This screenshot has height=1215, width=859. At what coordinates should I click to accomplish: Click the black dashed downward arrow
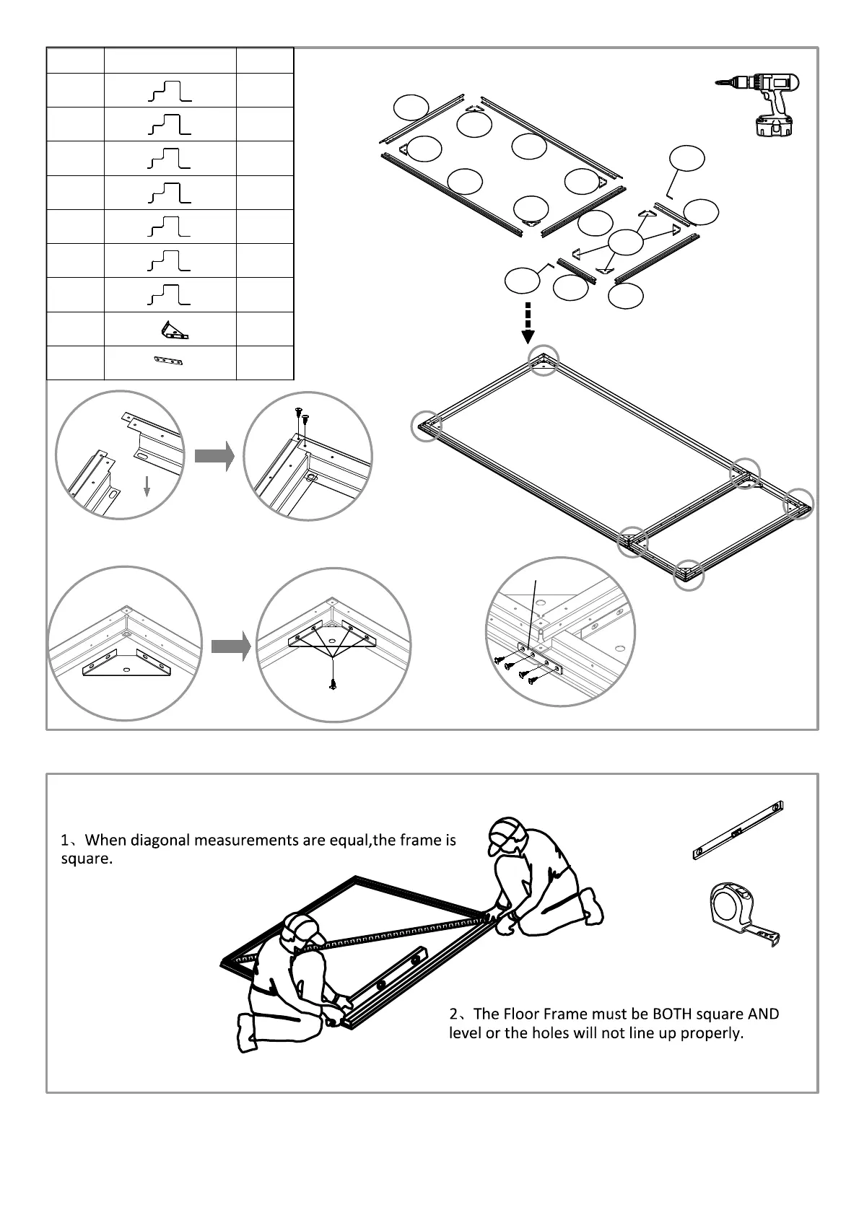(528, 323)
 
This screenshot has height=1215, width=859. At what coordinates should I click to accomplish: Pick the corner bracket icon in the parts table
(173, 330)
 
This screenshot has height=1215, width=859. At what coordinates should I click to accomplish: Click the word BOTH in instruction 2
(672, 1014)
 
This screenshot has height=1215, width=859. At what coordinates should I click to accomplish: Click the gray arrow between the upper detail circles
(214, 456)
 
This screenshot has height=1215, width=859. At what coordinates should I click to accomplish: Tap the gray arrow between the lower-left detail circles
(230, 646)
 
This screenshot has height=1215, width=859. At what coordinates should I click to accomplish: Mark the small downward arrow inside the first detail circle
(147, 486)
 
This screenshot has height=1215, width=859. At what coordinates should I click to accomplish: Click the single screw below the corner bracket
(332, 685)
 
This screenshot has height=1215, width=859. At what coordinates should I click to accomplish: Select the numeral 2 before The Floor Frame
(453, 1014)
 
